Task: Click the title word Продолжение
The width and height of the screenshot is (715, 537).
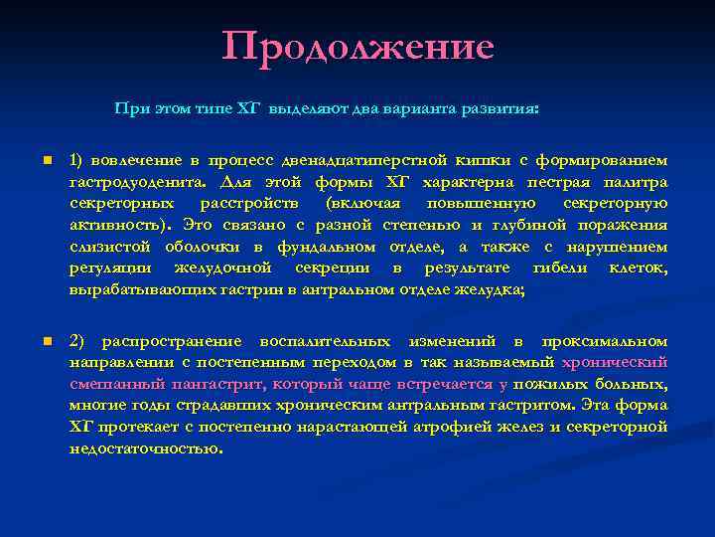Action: [x=357, y=47]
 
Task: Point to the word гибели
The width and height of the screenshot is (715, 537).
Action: [x=560, y=268]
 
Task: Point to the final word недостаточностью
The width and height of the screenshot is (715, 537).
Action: [x=145, y=449]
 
